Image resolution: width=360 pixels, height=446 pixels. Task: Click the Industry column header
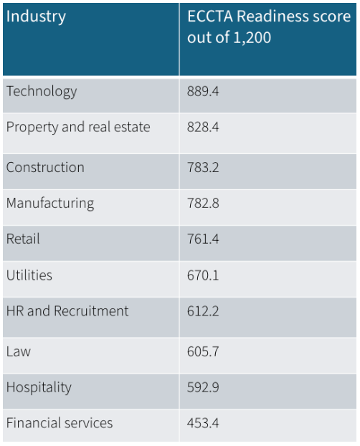click(x=36, y=16)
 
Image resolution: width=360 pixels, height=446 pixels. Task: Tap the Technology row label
click(x=41, y=92)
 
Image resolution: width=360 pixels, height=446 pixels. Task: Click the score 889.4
click(x=204, y=92)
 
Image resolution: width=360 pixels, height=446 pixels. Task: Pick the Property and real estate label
click(x=78, y=128)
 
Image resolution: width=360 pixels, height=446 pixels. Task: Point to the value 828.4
click(x=204, y=128)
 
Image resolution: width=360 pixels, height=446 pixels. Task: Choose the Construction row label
click(x=45, y=167)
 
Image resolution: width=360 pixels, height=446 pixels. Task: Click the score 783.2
click(x=204, y=168)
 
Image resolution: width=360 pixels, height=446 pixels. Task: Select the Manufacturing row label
click(x=50, y=204)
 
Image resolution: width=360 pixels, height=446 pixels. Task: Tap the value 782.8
click(x=204, y=204)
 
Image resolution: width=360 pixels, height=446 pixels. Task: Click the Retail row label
click(x=23, y=239)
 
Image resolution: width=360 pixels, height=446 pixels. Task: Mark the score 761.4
click(x=204, y=239)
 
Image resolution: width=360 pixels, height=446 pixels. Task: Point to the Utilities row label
click(x=29, y=275)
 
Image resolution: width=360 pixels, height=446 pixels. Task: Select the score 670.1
click(x=204, y=275)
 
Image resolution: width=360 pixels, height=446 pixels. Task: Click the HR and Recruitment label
click(x=67, y=311)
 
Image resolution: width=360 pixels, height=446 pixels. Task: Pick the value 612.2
click(x=204, y=312)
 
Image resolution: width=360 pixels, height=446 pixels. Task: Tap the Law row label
click(x=19, y=351)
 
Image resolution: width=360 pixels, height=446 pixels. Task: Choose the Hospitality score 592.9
click(x=204, y=388)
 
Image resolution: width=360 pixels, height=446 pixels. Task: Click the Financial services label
click(x=60, y=423)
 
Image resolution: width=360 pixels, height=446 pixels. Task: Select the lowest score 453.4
click(x=204, y=424)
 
